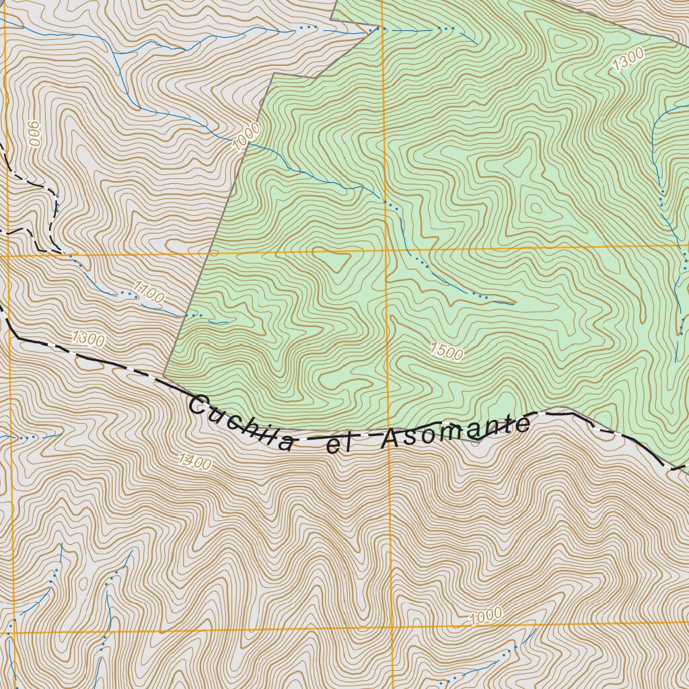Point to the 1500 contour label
(x=446, y=351)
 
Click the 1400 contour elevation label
(x=195, y=462)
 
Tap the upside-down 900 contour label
(x=34, y=137)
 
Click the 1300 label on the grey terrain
(x=88, y=338)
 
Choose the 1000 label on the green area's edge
(x=246, y=137)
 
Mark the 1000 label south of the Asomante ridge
(x=486, y=616)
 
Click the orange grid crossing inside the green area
(x=386, y=251)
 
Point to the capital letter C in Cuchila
(x=199, y=406)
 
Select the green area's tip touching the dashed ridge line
(x=164, y=375)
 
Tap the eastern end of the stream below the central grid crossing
(x=515, y=303)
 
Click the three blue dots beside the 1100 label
(x=126, y=294)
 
